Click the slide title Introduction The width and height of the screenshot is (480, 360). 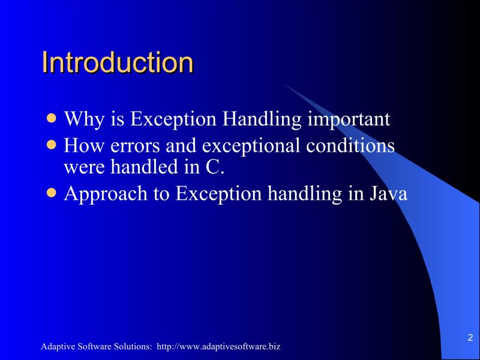click(118, 62)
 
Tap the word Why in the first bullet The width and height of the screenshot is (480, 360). click(82, 118)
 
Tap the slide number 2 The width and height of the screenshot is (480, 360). click(470, 337)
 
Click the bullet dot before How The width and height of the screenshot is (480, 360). click(53, 145)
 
